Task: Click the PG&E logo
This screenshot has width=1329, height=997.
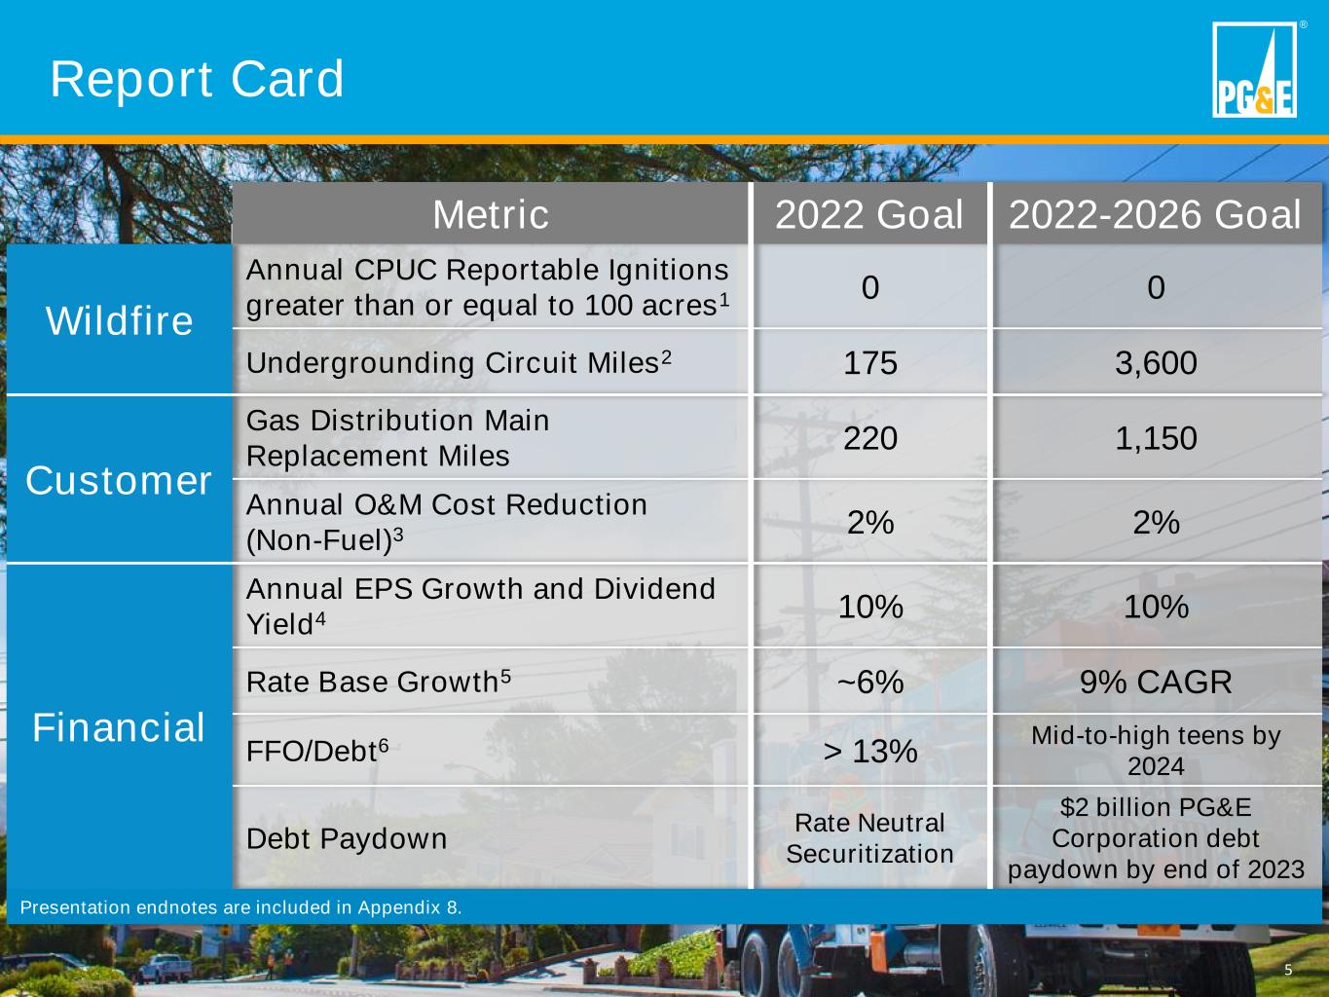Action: pos(1255,69)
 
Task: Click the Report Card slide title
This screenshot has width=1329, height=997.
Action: pos(197,79)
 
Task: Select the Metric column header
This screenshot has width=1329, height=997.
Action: pos(491,214)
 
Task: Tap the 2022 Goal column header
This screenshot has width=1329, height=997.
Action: pos(868,214)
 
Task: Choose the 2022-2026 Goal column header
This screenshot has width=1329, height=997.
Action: pos(1155,214)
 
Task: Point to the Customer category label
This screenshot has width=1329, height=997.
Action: pos(119,481)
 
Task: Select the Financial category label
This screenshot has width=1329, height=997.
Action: pos(119,726)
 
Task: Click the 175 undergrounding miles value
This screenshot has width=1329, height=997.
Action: pos(870,362)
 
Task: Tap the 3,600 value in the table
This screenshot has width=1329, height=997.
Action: pos(1156,362)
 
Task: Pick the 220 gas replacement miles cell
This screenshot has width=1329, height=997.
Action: pos(870,438)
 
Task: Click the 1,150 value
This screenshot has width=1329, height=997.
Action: pos(1156,438)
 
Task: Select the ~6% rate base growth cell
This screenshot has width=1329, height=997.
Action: pos(870,682)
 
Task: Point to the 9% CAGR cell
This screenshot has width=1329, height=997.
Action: pos(1156,682)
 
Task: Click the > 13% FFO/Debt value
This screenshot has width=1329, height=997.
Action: pos(870,752)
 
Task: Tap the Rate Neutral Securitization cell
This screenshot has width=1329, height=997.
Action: pos(869,838)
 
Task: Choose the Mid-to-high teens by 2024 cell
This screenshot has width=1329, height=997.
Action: pos(1156,751)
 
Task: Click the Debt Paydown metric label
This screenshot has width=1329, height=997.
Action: pos(347,838)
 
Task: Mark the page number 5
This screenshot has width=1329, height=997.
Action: pos(1288,970)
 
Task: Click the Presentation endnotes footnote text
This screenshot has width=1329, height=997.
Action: pos(241,907)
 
